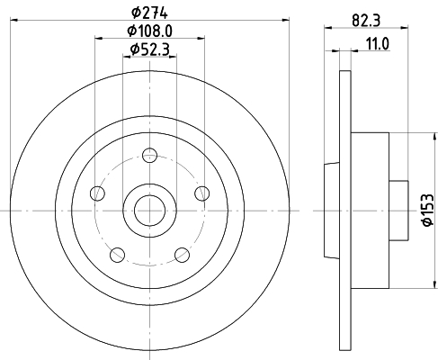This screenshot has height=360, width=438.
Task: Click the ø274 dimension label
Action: pos(149,13)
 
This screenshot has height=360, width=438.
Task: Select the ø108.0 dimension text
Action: pos(149,31)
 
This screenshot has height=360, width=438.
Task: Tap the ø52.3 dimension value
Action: pos(149,49)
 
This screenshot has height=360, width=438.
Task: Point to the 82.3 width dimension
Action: pos(366,21)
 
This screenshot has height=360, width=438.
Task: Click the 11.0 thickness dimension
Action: pos(377,44)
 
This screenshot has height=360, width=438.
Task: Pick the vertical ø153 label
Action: pos(427,210)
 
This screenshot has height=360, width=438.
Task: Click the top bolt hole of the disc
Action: pos(149,155)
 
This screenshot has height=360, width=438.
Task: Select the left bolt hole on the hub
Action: pos(97,193)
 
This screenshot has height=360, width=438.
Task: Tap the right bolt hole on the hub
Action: pos(202,193)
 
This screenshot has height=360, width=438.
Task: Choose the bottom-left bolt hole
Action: pos(118,255)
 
